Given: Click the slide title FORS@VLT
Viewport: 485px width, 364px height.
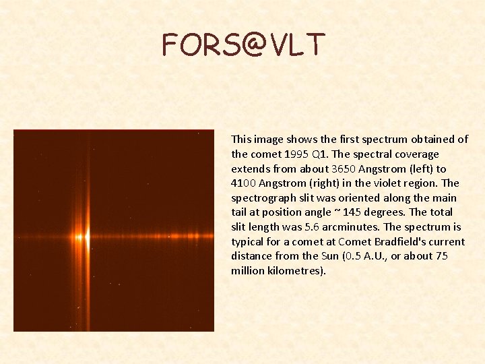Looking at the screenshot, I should (x=243, y=44).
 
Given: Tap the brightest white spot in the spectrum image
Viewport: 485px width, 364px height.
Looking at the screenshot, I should (x=86, y=237).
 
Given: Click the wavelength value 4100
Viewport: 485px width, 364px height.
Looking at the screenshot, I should (x=244, y=183).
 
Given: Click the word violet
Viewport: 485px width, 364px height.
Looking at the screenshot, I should (x=391, y=183).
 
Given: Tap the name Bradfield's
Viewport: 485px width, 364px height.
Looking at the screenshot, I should (x=401, y=241).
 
